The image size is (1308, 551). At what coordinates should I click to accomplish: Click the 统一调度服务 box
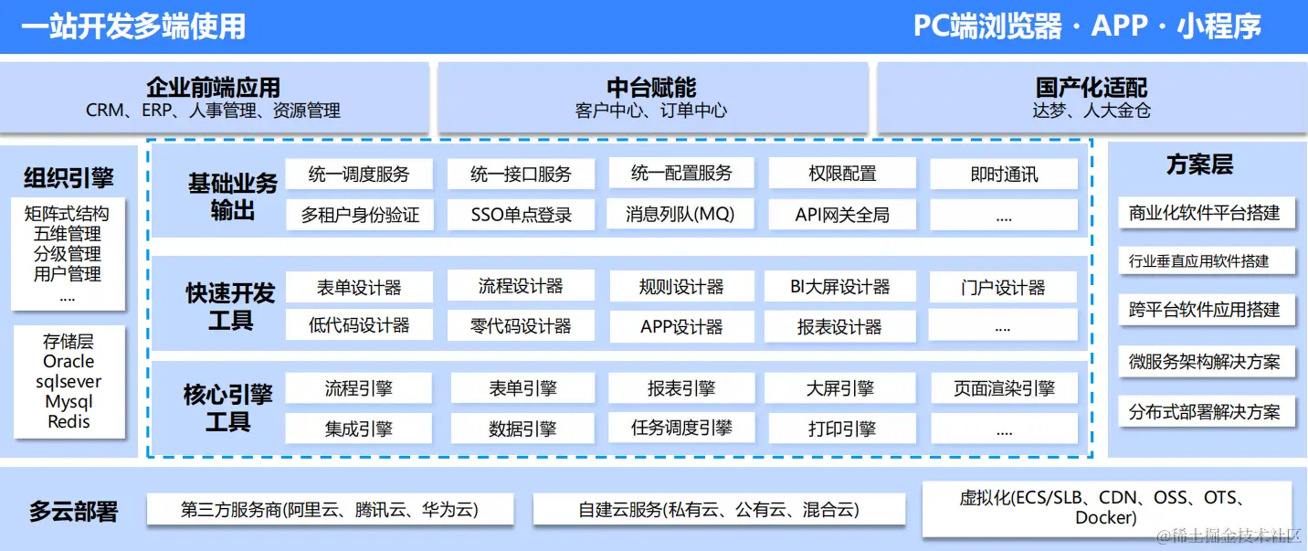359,174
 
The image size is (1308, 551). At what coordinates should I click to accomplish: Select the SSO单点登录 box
521,215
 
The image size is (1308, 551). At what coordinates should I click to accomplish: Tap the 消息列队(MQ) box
680,215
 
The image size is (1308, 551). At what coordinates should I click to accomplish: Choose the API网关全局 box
841,216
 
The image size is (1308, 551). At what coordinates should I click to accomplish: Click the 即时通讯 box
1004,174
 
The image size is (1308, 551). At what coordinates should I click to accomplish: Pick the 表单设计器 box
359,287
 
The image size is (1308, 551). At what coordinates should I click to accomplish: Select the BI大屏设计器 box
840,287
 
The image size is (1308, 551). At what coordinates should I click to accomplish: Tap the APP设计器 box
681,326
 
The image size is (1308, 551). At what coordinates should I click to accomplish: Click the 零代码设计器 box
521,326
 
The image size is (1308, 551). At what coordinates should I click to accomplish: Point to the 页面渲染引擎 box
1004,388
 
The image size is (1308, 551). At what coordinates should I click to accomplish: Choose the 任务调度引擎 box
681,428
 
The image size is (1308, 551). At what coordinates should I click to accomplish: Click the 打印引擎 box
841,428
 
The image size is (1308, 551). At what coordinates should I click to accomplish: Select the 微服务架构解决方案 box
1204,361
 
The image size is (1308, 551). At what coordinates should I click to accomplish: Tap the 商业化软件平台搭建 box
1204,213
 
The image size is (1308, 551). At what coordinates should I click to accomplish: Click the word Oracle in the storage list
69,362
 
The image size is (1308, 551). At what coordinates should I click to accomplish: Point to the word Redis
69,421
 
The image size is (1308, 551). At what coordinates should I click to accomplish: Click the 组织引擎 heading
69,176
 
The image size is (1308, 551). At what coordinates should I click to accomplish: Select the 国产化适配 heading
1092,88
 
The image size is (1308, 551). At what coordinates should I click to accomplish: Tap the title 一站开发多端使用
133,26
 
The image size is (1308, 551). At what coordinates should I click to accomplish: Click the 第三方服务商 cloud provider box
330,509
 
